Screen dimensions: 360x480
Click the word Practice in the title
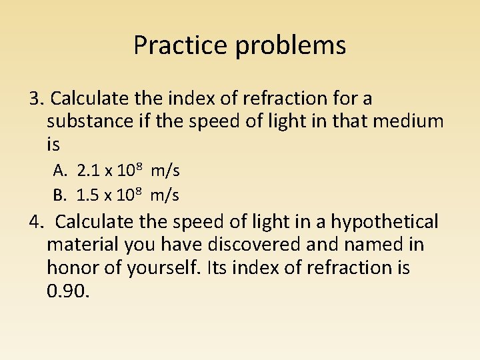(173, 45)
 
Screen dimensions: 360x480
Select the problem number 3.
(35, 99)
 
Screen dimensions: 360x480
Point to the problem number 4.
(35, 221)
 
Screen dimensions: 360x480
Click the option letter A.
(60, 171)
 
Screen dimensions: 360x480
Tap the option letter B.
(60, 195)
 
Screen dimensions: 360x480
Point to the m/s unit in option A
(165, 171)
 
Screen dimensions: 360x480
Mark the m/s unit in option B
(165, 195)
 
